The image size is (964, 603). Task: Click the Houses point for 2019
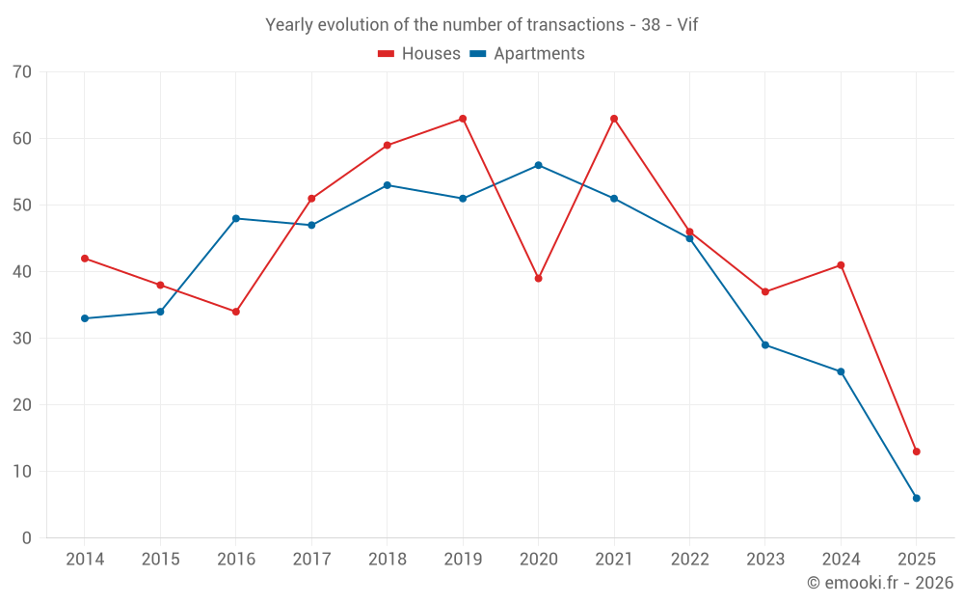463,119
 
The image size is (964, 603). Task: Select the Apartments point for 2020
538,165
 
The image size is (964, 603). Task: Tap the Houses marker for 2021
614,119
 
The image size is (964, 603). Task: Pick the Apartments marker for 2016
236,218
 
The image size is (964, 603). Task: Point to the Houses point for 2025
916,452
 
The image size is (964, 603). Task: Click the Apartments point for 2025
916,498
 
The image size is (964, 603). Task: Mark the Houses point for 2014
85,259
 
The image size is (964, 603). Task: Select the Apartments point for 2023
765,344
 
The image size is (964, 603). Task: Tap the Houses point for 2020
538,278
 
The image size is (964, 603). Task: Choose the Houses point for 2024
841,265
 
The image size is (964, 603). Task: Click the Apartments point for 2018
387,185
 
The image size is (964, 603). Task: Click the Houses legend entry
419,54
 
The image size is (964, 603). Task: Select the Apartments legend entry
527,54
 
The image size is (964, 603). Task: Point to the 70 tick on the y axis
22,72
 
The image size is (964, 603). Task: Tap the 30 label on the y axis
22,339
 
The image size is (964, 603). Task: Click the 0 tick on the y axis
27,538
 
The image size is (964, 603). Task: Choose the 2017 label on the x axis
311,560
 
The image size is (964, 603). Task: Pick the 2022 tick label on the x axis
689,560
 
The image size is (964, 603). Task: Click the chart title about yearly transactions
482,25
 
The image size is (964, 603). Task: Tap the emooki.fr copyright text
880,583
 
